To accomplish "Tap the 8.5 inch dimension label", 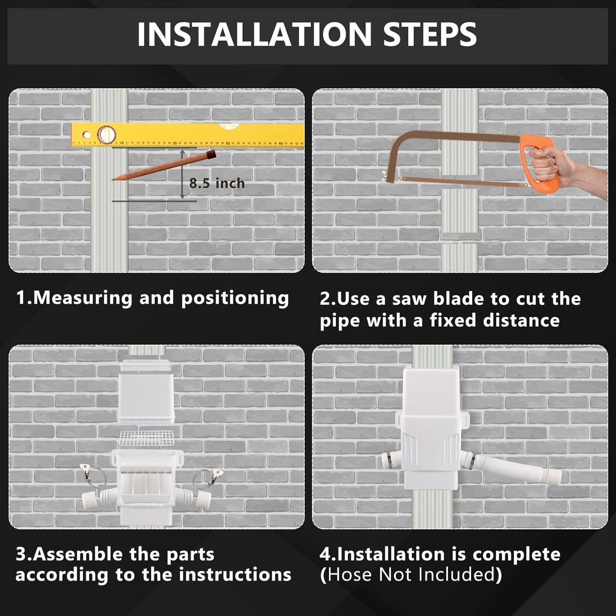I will [x=217, y=183].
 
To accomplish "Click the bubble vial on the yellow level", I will [x=106, y=135].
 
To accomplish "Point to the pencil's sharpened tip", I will [x=114, y=179].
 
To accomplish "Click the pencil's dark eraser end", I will [x=211, y=154].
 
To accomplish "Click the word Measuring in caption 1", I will [x=83, y=298].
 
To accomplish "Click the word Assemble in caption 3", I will [x=79, y=554].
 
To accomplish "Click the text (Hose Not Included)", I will [x=411, y=575].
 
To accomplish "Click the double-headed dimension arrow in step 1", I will [x=182, y=174].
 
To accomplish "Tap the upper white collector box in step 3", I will [x=146, y=392].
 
